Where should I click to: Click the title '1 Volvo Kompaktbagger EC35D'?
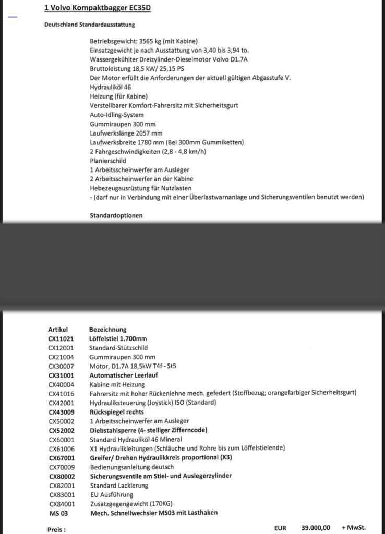tap(98, 8)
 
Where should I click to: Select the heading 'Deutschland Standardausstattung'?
tap(90, 25)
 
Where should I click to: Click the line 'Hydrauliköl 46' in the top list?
tap(111, 87)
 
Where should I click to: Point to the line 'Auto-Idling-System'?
tap(117, 115)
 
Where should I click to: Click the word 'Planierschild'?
tap(108, 161)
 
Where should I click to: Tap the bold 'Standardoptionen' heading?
tap(116, 215)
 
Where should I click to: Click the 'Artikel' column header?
tap(58, 330)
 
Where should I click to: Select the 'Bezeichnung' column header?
tap(108, 330)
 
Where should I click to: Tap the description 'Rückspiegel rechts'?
tap(116, 412)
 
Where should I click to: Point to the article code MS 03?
tap(58, 513)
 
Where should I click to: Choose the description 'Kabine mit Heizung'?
tap(117, 384)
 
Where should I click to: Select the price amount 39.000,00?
tap(316, 528)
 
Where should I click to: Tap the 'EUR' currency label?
tap(281, 528)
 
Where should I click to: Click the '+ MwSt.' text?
tap(354, 528)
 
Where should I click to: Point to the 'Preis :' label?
tap(57, 529)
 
